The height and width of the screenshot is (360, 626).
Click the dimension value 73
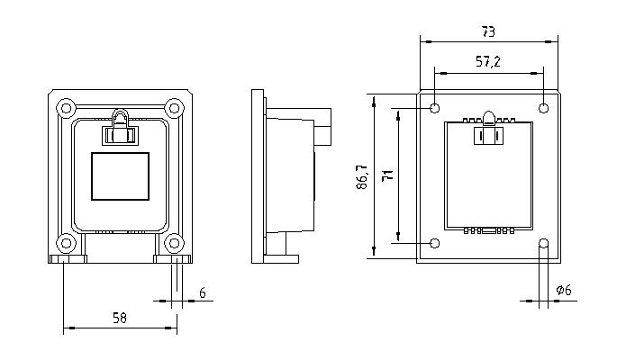click(x=488, y=31)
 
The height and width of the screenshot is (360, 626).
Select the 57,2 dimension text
click(x=488, y=61)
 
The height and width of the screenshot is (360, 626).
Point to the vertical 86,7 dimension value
click(x=362, y=176)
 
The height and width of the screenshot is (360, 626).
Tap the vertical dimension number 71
click(x=387, y=175)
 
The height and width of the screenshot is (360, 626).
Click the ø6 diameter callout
click(x=564, y=290)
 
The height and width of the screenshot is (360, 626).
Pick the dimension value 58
click(x=120, y=318)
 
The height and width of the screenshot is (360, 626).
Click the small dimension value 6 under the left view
click(x=203, y=293)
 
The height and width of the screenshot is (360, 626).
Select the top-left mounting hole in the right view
click(x=435, y=108)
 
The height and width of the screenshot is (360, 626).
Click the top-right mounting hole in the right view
click(x=543, y=108)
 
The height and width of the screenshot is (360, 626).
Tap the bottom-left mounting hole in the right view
click(x=435, y=243)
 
